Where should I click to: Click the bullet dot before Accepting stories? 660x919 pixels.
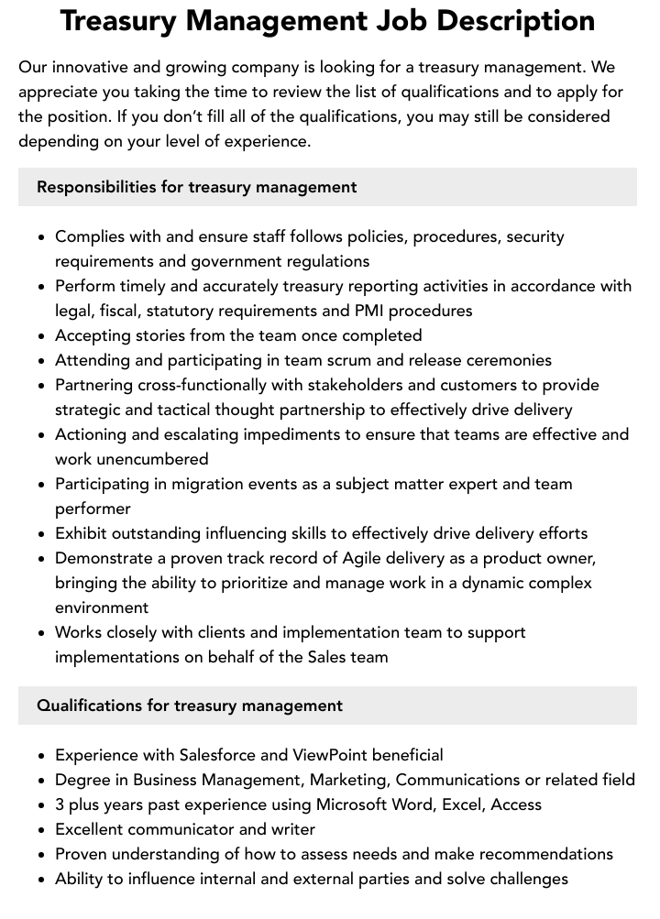[41, 336]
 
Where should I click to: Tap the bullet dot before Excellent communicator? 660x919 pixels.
[41, 830]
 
